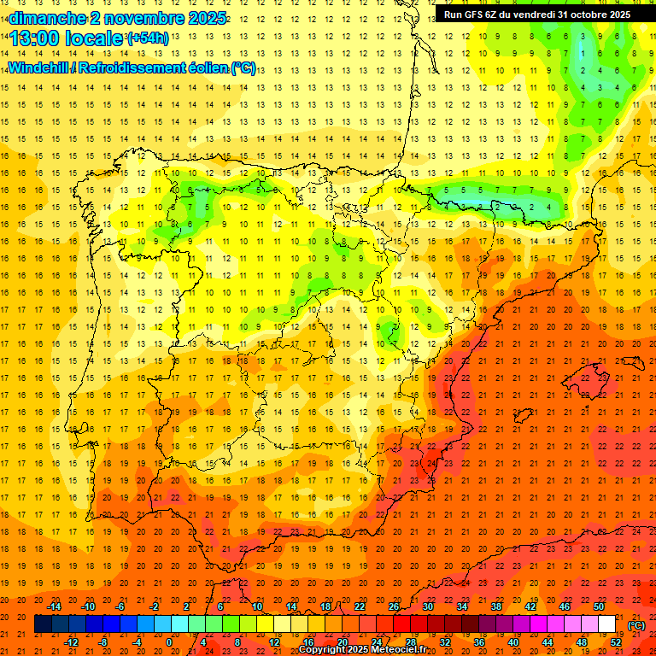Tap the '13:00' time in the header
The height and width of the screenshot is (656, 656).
click(37, 39)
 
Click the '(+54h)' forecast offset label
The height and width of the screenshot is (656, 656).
click(147, 38)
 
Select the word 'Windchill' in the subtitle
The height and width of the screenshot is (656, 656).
click(38, 68)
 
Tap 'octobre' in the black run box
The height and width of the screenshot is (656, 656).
click(583, 15)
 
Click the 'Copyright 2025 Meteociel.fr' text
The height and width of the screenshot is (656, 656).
click(363, 650)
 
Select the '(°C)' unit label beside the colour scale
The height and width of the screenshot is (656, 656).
click(636, 625)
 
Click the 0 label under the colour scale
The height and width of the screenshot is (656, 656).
click(169, 641)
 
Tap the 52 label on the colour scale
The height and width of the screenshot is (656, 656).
click(616, 641)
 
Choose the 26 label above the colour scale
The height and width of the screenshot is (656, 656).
click(394, 606)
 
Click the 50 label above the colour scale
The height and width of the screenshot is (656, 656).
click(599, 606)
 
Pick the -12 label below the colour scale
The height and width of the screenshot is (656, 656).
click(71, 641)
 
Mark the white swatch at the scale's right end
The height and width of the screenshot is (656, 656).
click(607, 624)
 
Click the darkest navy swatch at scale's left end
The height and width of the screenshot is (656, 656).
click(43, 624)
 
